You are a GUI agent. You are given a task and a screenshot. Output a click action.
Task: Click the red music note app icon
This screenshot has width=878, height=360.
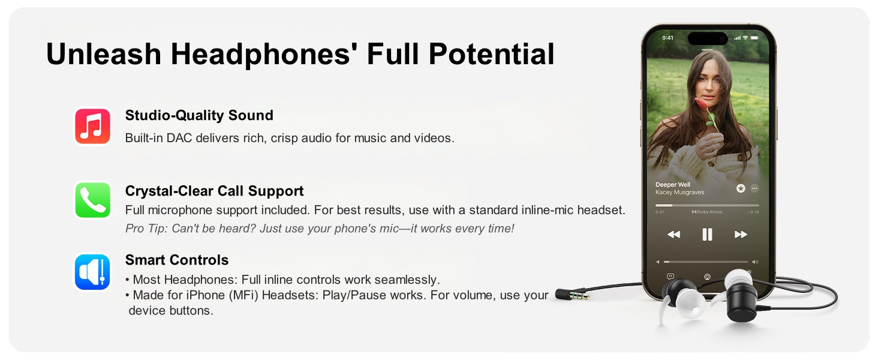(x=92, y=127)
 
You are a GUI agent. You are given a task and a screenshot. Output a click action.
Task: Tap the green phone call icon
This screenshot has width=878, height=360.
(x=92, y=200)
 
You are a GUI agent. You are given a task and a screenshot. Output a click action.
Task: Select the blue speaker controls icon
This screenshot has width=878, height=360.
(x=92, y=272)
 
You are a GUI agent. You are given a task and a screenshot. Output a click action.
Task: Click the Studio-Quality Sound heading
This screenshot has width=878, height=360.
(x=199, y=115)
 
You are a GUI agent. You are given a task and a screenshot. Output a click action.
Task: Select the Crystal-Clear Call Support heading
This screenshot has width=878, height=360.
(x=214, y=191)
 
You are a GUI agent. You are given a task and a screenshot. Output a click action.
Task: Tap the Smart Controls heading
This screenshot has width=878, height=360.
(x=177, y=260)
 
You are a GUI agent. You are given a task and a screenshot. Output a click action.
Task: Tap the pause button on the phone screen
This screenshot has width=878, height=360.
(x=707, y=235)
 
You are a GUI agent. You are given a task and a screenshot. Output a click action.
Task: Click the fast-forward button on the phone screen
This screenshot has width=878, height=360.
(x=741, y=235)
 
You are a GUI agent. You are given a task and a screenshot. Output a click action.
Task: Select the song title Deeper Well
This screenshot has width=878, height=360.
(x=672, y=185)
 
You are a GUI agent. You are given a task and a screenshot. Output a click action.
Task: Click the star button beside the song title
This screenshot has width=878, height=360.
(x=741, y=188)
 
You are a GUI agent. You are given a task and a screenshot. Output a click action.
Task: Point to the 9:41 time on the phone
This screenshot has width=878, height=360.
(x=667, y=38)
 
